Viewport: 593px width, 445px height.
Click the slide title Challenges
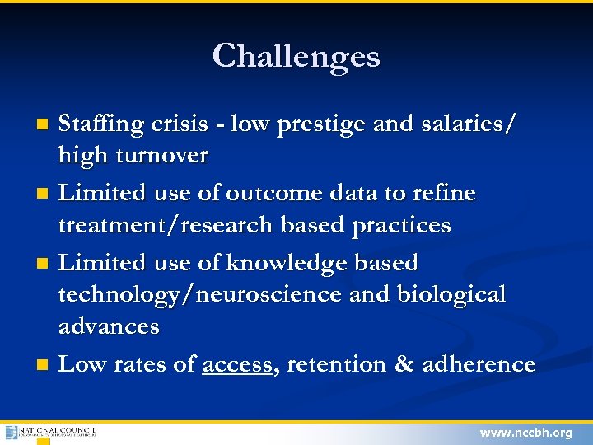pos(296,56)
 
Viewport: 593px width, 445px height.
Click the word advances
pos(109,326)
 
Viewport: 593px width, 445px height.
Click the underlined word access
pos(237,364)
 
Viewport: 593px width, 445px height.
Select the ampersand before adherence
pos(404,364)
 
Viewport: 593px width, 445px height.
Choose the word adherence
pos(479,364)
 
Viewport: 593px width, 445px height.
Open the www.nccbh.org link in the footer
pos(525,433)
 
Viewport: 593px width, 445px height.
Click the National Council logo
pos(50,433)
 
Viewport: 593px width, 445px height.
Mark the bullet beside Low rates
pos(44,364)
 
